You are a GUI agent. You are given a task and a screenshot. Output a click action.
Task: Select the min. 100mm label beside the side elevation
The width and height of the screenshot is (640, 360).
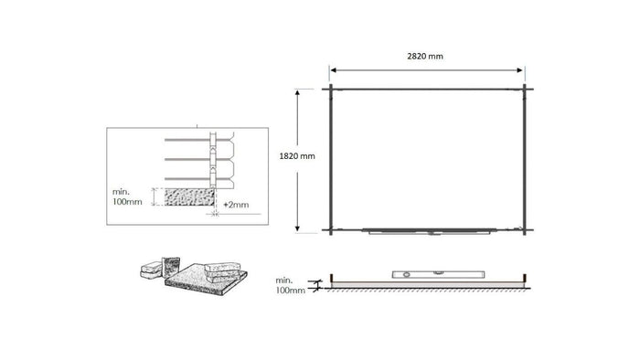290,284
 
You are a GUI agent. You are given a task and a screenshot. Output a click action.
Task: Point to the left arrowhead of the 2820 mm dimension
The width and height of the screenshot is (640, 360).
334,69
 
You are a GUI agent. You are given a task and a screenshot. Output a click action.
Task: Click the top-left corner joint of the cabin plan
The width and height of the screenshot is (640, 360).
330,90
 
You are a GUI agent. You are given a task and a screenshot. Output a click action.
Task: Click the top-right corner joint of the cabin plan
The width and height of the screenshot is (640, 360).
525,90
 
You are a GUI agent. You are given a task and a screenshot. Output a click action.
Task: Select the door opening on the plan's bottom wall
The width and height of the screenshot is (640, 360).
428,231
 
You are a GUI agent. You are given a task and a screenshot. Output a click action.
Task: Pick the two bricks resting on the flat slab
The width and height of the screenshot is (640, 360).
224,269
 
